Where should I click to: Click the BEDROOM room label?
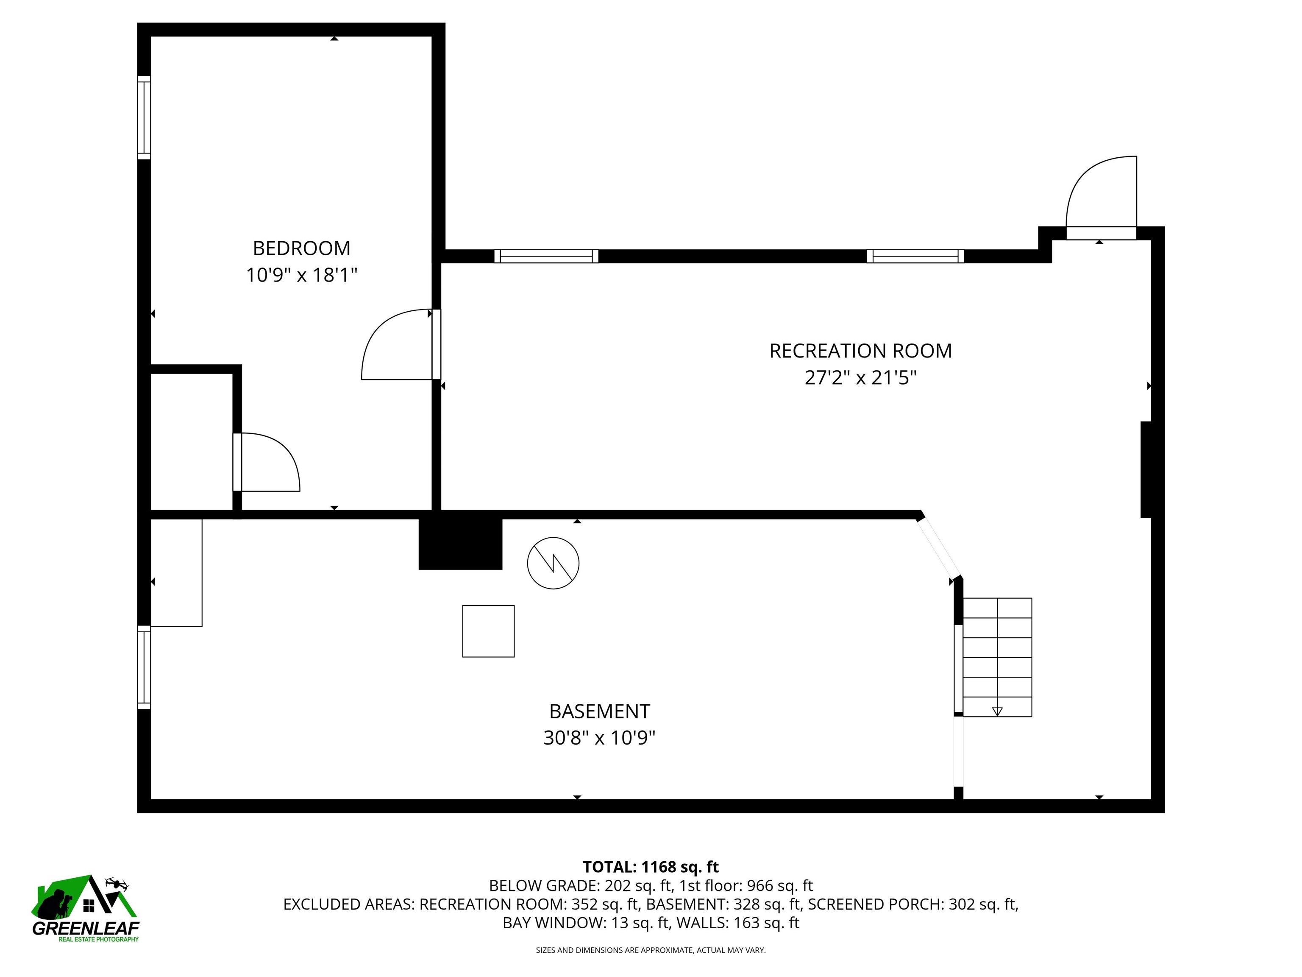301,248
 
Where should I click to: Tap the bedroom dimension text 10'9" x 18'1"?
301,275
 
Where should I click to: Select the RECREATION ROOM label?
860,351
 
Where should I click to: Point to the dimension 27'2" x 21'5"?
860,377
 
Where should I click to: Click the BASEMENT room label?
599,712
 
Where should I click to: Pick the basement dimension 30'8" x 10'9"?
599,738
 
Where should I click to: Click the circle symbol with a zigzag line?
553,563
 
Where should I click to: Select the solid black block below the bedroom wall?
460,544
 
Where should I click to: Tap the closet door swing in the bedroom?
271,462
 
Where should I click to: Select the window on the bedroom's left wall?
144,118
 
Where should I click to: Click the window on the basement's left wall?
144,667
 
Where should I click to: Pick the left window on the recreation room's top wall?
546,256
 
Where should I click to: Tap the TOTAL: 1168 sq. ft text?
651,867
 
